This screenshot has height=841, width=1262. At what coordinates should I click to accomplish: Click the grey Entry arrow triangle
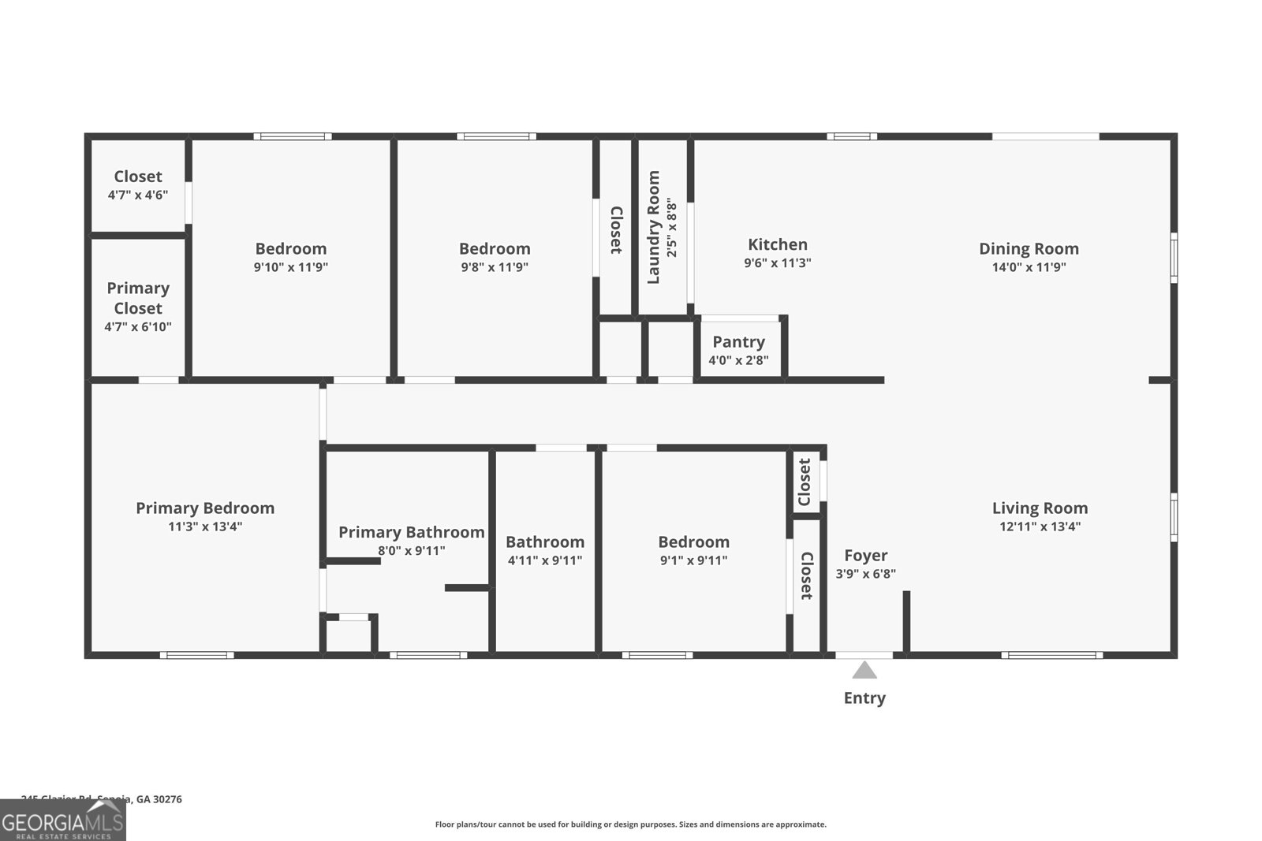(864, 671)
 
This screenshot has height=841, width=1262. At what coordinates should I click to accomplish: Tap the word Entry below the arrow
(864, 698)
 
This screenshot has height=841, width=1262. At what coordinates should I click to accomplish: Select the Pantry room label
(738, 342)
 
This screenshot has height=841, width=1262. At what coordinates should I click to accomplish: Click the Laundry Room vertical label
(654, 227)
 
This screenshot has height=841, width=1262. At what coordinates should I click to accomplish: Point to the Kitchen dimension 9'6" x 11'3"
(777, 263)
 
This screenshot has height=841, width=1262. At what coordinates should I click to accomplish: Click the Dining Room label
(1029, 249)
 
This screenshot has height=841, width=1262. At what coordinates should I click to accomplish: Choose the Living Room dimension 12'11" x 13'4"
(1040, 527)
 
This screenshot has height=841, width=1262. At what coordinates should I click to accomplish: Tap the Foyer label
(865, 556)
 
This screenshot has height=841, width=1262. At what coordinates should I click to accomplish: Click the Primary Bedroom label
(205, 508)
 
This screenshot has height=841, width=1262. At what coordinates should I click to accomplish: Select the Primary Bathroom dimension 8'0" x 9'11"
(411, 551)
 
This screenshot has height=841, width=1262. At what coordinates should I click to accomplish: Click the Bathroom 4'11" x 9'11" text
(545, 560)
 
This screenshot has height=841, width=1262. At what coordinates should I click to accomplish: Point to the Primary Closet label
(138, 298)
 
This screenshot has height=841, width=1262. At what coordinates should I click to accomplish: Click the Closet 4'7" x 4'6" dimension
(138, 195)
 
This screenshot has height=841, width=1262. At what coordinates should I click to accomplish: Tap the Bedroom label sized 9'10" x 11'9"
(290, 249)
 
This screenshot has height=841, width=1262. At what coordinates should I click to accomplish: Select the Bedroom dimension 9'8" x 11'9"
(495, 267)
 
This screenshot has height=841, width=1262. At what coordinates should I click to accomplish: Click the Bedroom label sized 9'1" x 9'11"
(693, 542)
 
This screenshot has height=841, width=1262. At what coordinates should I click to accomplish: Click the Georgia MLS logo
(63, 821)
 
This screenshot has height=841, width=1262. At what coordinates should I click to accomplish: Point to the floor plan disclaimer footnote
(630, 824)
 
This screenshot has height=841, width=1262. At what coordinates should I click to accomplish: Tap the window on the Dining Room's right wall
(1174, 257)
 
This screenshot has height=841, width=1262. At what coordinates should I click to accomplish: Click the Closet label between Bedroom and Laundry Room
(616, 230)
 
